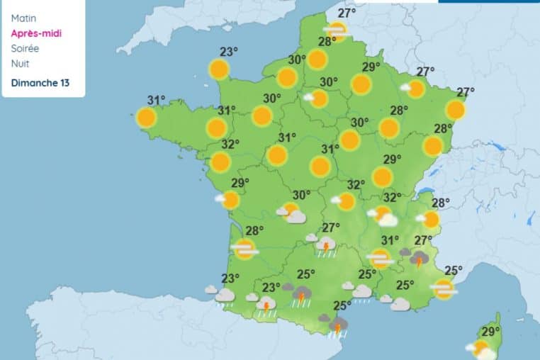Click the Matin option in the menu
(24, 18)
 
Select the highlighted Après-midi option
(35, 33)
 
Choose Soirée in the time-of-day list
(26, 49)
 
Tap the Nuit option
(21, 64)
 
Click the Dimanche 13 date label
(40, 83)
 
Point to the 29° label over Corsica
(490, 331)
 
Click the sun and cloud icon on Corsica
(481, 349)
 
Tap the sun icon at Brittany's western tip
(147, 117)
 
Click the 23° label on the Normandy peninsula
(228, 51)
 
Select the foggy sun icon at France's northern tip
(337, 30)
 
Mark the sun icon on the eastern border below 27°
(456, 110)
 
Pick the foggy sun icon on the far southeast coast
(444, 288)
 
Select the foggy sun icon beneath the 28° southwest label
(245, 249)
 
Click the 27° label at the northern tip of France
(347, 13)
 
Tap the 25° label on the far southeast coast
(454, 270)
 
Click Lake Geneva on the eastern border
(426, 191)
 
